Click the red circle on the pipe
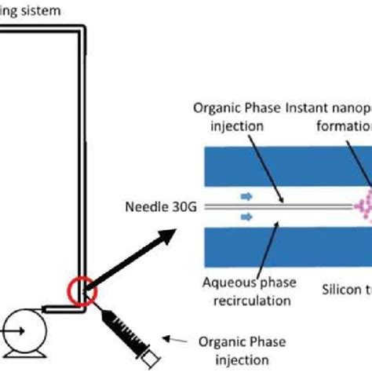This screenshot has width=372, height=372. (x=82, y=291)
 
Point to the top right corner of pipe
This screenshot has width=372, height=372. (x=80, y=31)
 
